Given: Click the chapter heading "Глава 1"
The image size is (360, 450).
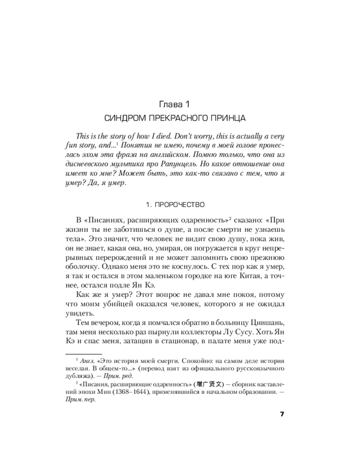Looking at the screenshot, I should pos(180,105).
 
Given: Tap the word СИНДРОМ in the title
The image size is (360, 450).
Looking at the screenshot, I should pos(121,119).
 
